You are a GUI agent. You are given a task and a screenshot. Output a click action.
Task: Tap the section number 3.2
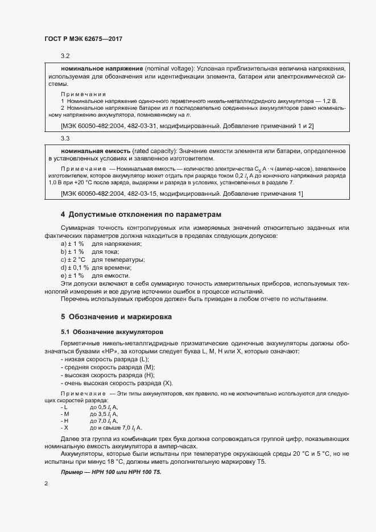click(x=65, y=56)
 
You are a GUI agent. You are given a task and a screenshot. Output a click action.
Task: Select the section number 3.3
click(x=65, y=139)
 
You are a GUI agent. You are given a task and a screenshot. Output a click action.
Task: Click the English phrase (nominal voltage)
click(x=171, y=68)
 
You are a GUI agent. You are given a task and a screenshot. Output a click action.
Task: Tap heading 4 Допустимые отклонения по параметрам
click(x=141, y=215)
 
